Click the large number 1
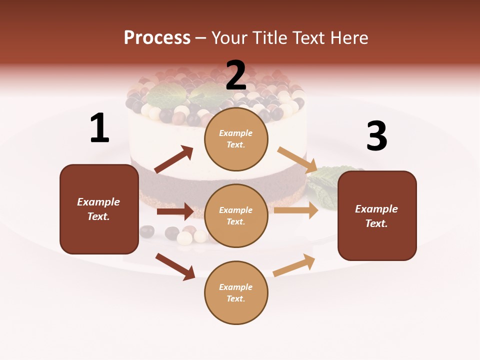[99, 128]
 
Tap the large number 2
[236, 75]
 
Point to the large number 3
[376, 136]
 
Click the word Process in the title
[157, 37]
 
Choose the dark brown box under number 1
[99, 209]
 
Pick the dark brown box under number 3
[377, 215]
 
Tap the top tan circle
[236, 139]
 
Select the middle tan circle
[236, 215]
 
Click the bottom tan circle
[236, 292]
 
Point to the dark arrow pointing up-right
[174, 159]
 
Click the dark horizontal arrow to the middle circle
[175, 211]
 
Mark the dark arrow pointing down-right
[175, 266]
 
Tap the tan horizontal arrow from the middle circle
[296, 210]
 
